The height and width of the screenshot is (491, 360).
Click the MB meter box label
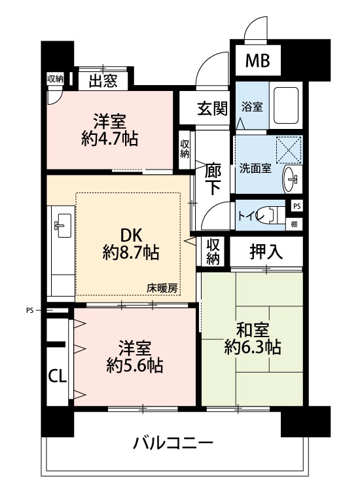click(x=258, y=61)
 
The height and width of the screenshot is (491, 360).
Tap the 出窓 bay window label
click(x=103, y=81)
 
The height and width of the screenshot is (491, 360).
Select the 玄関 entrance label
click(x=212, y=108)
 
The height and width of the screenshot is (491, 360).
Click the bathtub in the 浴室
click(x=286, y=105)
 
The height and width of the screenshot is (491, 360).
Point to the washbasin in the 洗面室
click(x=292, y=179)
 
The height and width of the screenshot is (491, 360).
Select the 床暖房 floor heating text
click(x=162, y=288)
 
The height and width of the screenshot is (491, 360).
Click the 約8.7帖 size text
click(x=131, y=253)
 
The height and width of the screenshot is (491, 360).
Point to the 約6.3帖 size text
click(x=252, y=346)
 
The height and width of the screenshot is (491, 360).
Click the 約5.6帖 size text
click(x=134, y=365)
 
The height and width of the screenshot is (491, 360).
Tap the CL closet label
click(x=58, y=376)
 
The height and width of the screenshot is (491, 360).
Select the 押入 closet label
click(x=266, y=252)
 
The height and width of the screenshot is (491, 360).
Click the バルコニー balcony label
click(x=173, y=443)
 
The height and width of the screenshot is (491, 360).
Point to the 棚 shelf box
click(x=294, y=224)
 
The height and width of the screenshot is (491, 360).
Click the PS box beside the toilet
click(x=297, y=206)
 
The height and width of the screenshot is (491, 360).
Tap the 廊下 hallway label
click(x=213, y=179)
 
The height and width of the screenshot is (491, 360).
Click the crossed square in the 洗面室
click(x=289, y=150)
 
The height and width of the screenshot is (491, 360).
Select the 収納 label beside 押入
click(x=213, y=252)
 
